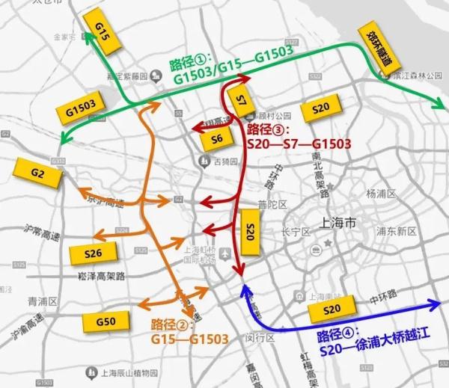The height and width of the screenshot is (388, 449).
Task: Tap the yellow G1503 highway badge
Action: click(x=80, y=109)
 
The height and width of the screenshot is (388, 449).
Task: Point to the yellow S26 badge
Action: click(x=94, y=253)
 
